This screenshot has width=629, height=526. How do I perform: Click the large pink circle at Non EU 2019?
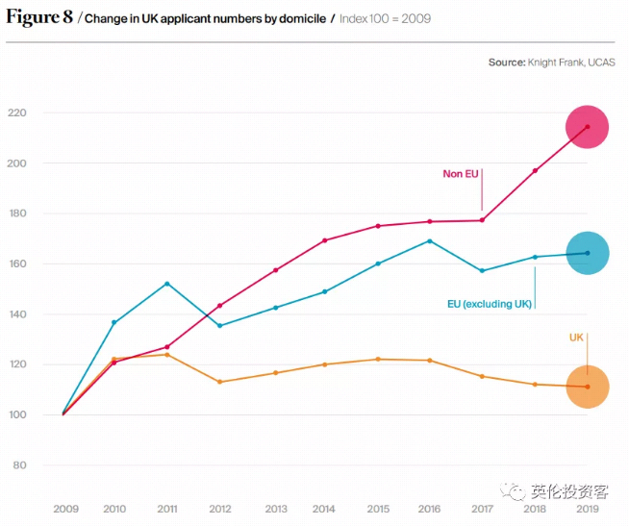pyautogui.click(x=587, y=127)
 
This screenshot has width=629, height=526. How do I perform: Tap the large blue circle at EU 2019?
pyautogui.click(x=587, y=253)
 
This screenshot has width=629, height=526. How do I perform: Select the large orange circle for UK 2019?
pyautogui.click(x=587, y=387)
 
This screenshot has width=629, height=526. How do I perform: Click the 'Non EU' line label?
pyautogui.click(x=460, y=174)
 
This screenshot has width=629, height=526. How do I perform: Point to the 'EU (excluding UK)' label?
pyautogui.click(x=489, y=304)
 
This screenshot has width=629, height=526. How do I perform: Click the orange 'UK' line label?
pyautogui.click(x=576, y=338)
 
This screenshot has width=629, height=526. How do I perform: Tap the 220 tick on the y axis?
pyautogui.click(x=17, y=113)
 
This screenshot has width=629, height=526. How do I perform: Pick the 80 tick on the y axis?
pyautogui.click(x=20, y=465)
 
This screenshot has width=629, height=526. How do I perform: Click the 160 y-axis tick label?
pyautogui.click(x=17, y=263)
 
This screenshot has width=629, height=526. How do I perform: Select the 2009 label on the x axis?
pyautogui.click(x=65, y=509)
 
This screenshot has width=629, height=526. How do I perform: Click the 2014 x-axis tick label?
pyautogui.click(x=324, y=509)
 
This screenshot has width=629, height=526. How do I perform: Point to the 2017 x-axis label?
pyautogui.click(x=482, y=509)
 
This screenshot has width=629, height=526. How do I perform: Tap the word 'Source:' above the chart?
pyautogui.click(x=506, y=63)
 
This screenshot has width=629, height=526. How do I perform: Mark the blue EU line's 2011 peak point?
pyautogui.click(x=167, y=284)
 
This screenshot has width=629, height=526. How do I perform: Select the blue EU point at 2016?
pyautogui.click(x=430, y=241)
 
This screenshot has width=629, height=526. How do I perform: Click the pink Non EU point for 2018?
pyautogui.click(x=535, y=170)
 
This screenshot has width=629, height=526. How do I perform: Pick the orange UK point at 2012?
pyautogui.click(x=219, y=382)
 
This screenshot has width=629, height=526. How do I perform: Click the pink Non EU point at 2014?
pyautogui.click(x=324, y=240)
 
